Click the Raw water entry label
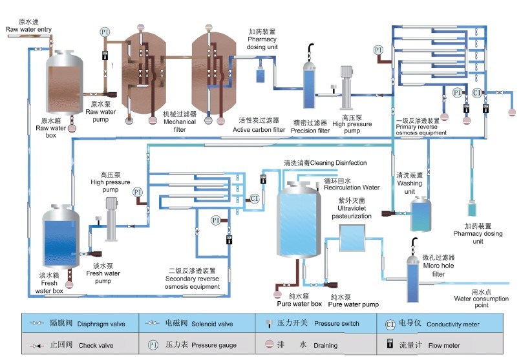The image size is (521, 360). tap(29, 29)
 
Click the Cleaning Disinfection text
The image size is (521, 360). tap(325, 162)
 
